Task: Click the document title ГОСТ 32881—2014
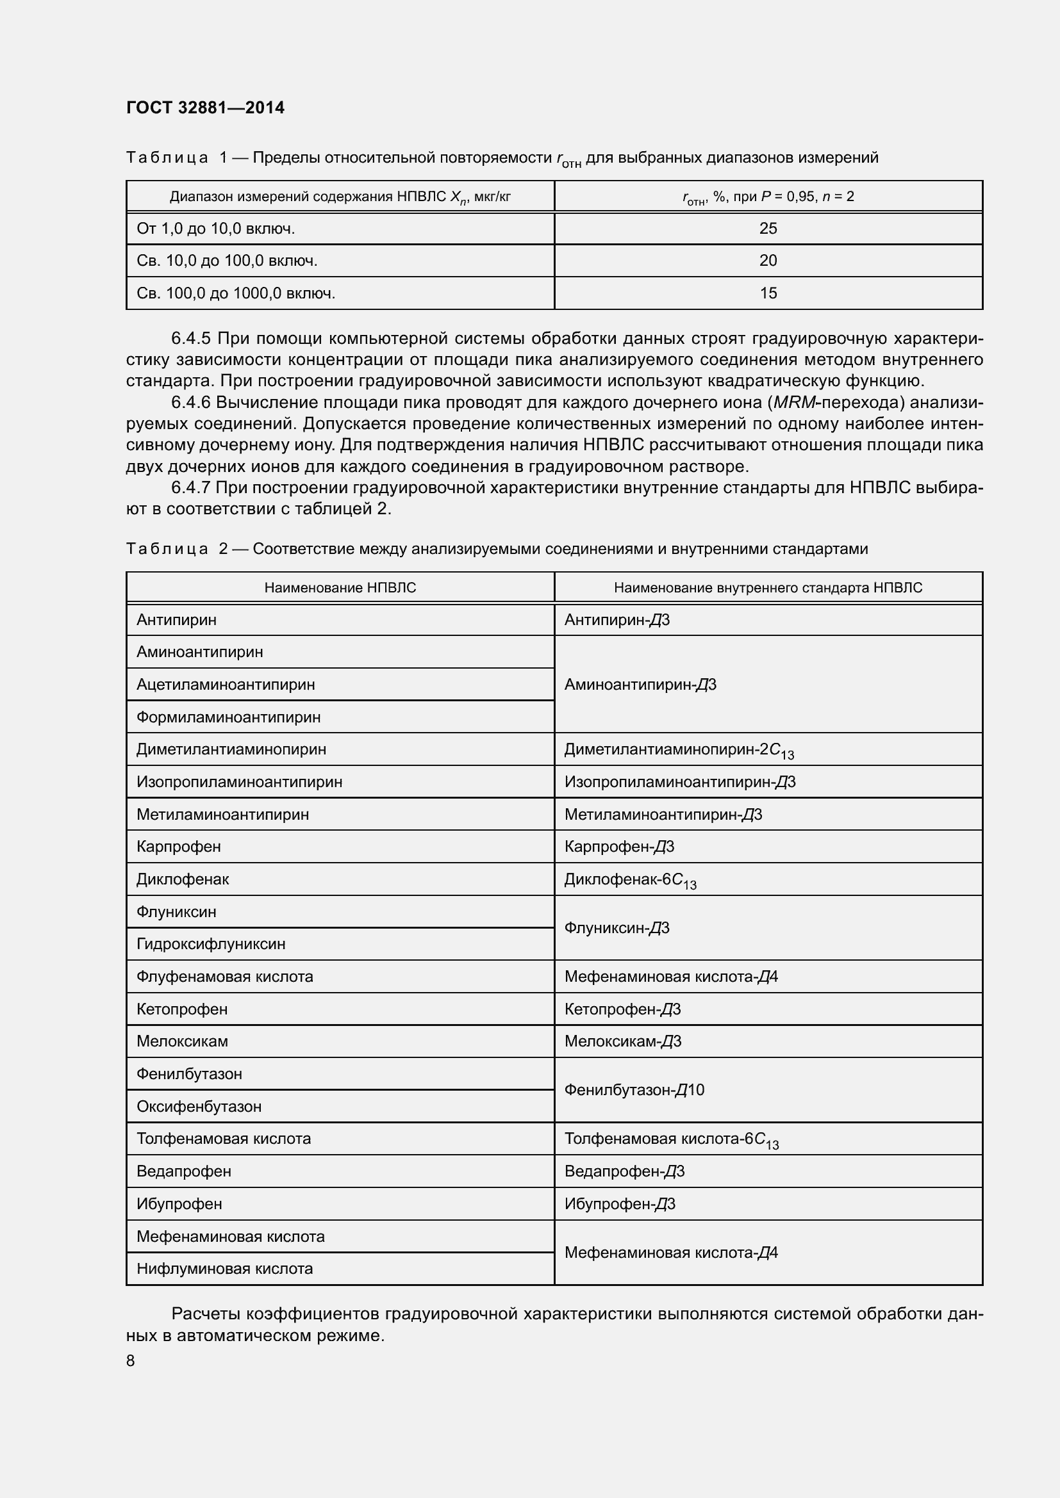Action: click(205, 108)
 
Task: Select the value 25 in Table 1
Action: click(768, 229)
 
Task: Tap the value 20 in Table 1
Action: click(768, 261)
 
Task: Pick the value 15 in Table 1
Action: click(768, 293)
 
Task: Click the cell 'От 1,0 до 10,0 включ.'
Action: click(215, 229)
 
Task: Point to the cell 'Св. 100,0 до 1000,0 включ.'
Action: click(236, 293)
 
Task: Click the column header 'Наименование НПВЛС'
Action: click(340, 587)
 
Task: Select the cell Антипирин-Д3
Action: click(617, 620)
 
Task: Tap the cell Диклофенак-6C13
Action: click(630, 880)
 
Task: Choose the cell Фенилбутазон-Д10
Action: click(634, 1089)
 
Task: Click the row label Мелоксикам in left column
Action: click(182, 1041)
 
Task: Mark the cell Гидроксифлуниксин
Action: click(211, 944)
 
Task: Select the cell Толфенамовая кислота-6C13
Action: click(671, 1139)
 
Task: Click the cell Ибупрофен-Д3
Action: click(620, 1204)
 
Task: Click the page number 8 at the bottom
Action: click(131, 1360)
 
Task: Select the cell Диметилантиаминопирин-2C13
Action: click(679, 751)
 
